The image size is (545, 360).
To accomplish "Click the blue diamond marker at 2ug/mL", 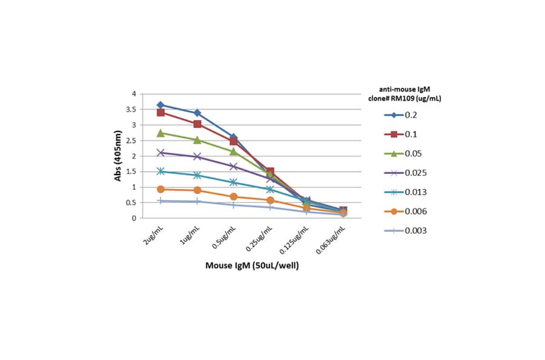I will tap(160, 105).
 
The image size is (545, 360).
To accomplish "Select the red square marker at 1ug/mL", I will tap(197, 124).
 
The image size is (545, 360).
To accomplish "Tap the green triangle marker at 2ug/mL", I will tap(160, 133).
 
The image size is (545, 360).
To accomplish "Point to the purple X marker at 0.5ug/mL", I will tap(234, 167).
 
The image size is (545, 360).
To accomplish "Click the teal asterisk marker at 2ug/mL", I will tap(160, 172).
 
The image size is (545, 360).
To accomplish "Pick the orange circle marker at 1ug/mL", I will tap(197, 190).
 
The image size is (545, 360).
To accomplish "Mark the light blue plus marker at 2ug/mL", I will tap(160, 201).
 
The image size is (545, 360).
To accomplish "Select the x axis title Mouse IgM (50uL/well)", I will tap(251, 265).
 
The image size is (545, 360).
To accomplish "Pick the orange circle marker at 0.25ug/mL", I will tap(270, 200).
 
